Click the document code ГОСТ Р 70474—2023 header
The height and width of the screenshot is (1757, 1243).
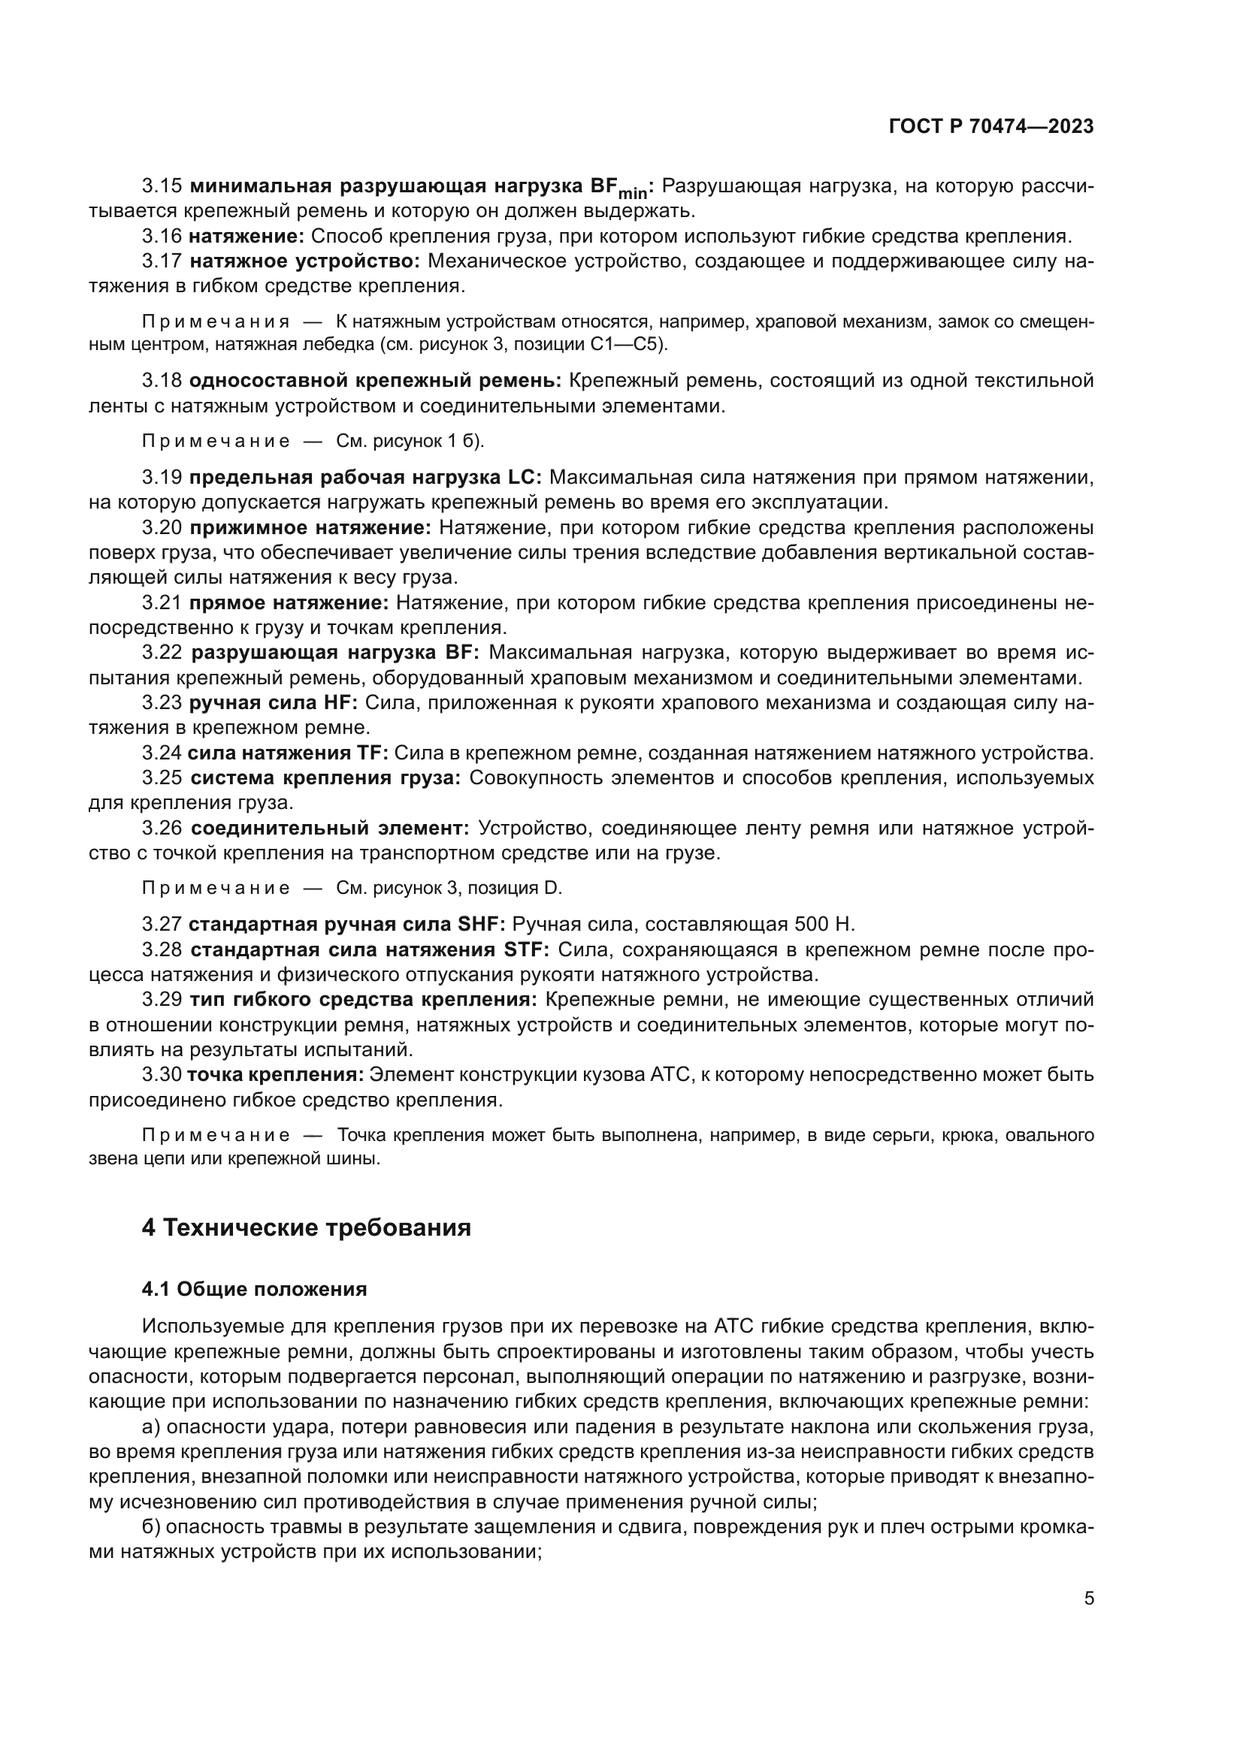point(991,126)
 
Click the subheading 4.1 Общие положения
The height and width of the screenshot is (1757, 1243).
point(254,1290)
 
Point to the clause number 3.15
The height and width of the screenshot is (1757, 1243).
point(162,186)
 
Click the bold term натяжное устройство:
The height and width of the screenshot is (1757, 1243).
point(304,261)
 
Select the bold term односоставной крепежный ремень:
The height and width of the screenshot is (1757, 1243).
point(375,381)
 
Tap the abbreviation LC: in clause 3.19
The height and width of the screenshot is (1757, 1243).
point(525,478)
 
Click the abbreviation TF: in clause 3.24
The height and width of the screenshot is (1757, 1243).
point(373,753)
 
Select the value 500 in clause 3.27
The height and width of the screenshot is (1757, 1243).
point(812,925)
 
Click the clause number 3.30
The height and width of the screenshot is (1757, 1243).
point(162,1075)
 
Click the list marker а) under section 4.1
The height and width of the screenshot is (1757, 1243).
point(150,1427)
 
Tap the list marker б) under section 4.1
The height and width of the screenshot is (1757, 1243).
point(150,1527)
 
